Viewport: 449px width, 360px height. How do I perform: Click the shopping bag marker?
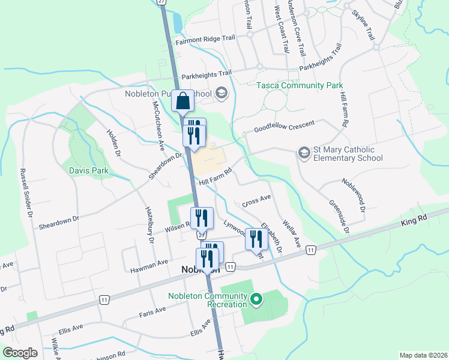(182, 101)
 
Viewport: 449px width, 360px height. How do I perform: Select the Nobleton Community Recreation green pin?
(256, 298)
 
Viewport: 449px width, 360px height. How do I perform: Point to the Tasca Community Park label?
(299, 86)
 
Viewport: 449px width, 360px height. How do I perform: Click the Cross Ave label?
(256, 200)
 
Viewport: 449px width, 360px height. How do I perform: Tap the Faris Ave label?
(152, 311)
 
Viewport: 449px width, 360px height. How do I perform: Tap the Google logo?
(20, 353)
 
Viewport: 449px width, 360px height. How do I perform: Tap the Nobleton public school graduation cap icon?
(221, 92)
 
